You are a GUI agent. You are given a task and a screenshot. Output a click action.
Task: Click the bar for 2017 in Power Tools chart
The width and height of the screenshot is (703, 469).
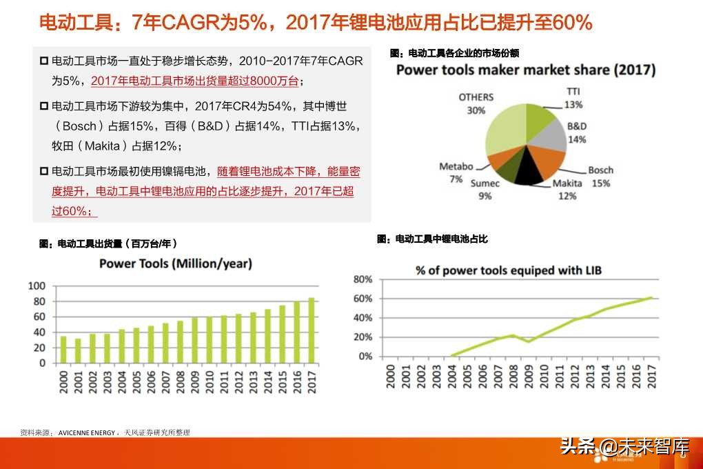pyautogui.click(x=311, y=330)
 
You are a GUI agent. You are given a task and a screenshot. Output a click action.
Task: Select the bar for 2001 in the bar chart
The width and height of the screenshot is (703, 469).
pyautogui.click(x=78, y=350)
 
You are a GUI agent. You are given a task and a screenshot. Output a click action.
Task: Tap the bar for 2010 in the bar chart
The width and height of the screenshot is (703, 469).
pyautogui.click(x=209, y=340)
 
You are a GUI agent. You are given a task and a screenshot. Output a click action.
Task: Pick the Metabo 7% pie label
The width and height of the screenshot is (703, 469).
pyautogui.click(x=456, y=172)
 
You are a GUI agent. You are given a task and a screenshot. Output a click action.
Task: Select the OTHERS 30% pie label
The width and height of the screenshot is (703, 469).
pyautogui.click(x=476, y=103)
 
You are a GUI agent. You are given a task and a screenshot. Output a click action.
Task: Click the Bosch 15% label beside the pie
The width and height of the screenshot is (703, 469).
pyautogui.click(x=600, y=177)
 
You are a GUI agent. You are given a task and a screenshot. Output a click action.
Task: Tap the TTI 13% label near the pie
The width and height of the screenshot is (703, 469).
pyautogui.click(x=573, y=98)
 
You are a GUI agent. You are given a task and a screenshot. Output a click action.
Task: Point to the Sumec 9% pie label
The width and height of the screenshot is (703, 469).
pyautogui.click(x=485, y=190)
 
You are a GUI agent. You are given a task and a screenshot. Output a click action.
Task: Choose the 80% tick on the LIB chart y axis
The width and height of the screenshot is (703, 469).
pyautogui.click(x=363, y=279)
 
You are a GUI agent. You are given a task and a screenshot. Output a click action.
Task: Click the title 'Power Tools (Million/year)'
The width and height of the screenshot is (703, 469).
pyautogui.click(x=176, y=263)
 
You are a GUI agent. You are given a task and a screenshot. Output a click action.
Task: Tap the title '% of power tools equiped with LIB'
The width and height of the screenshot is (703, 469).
pyautogui.click(x=509, y=270)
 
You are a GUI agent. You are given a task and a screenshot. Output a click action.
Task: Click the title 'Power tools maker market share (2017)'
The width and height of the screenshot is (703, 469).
pyautogui.click(x=525, y=70)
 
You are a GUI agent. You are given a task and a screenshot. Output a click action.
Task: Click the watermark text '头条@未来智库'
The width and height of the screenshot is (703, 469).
pyautogui.click(x=624, y=446)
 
